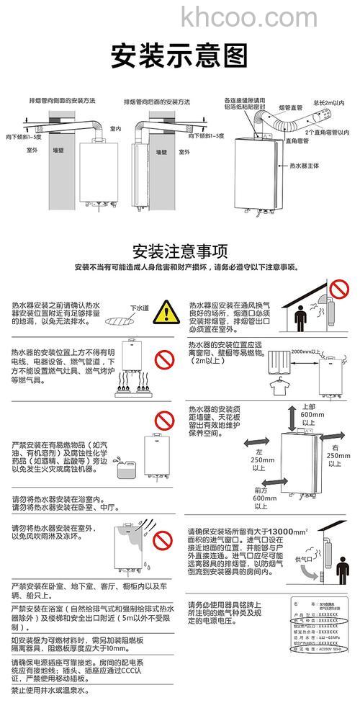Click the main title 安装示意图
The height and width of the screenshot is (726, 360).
[179, 55]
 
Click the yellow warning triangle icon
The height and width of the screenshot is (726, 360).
[167, 313]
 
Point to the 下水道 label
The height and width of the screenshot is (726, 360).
[138, 308]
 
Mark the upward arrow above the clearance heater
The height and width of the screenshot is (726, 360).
[291, 418]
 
